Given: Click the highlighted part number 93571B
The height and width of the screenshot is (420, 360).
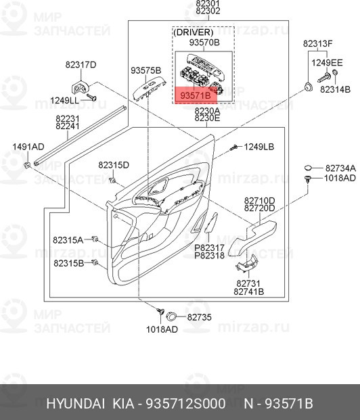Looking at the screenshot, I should point(194,97).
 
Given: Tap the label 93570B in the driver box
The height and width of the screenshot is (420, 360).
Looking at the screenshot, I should point(205,43).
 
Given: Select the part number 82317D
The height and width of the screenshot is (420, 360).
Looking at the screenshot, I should point(81,65).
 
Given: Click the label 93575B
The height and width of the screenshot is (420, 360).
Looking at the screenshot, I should point(145,70).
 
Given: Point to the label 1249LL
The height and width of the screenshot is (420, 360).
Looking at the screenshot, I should point(64,99).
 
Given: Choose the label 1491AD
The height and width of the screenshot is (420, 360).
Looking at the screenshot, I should point(27,147).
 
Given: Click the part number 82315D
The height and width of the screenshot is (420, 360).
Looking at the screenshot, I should point(113,165).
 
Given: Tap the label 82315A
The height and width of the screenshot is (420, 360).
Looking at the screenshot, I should point(68,239).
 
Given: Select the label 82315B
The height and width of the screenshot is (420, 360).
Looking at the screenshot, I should point(68,262).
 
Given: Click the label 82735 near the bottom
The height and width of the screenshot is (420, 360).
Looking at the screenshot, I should point(199,317).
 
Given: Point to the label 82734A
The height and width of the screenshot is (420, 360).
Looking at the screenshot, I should point(340,168).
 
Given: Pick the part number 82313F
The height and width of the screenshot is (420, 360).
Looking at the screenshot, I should point(317,43).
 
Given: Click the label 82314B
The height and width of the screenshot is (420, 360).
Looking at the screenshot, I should point(334,89).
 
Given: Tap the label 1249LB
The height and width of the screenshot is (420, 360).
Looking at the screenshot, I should point(258,147).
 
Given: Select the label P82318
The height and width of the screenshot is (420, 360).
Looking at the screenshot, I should point(210,256).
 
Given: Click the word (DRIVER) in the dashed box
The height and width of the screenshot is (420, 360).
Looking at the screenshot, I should point(193,32).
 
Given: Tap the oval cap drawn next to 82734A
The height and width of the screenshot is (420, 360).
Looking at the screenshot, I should point(308,167).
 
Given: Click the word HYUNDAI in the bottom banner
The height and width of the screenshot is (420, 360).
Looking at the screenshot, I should point(75,404).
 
